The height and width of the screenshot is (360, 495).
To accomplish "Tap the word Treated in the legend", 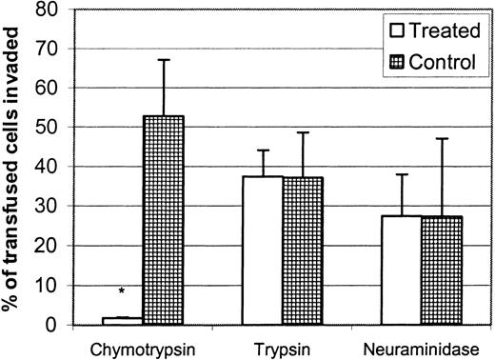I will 443,30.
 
